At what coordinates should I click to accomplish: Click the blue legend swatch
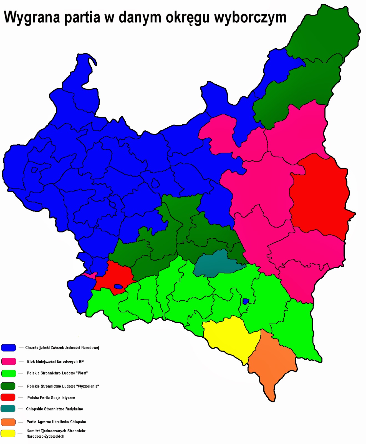point(8,348)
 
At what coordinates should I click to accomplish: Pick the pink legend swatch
point(8,361)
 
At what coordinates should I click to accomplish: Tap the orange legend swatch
point(8,422)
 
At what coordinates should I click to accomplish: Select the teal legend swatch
point(8,409)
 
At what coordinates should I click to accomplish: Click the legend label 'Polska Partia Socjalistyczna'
point(51,398)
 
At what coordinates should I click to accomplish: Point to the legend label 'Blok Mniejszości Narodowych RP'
point(55,362)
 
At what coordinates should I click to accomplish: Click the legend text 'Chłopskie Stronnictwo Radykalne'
point(54,409)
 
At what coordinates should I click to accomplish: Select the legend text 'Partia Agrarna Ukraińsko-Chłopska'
point(56,422)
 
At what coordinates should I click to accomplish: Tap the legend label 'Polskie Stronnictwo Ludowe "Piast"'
point(57,373)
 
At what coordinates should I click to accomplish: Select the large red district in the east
point(319,194)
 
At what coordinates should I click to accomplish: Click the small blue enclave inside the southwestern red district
point(118,286)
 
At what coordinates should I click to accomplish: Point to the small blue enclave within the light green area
point(246,301)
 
